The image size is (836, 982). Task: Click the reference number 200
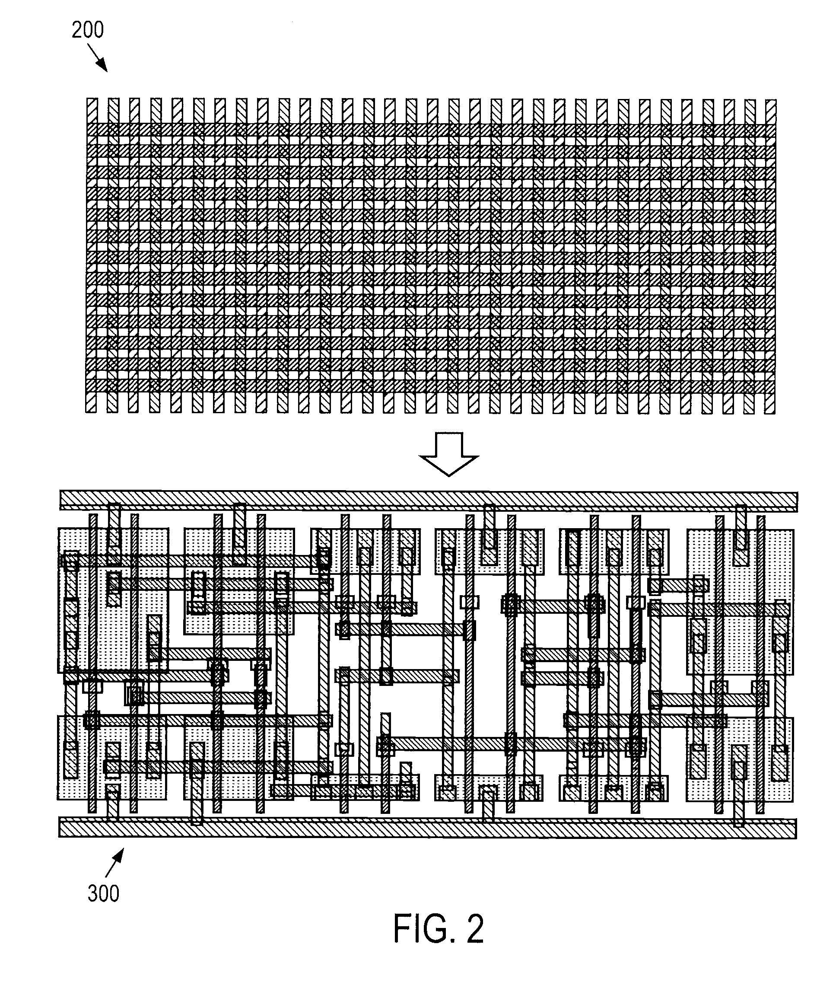pos(88,30)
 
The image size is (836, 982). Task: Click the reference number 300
pos(103,893)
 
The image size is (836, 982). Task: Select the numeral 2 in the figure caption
pos(476,929)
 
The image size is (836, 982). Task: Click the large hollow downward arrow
pos(448,453)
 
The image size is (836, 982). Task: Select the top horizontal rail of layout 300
pos(429,501)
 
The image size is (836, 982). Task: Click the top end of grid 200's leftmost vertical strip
pos(92,99)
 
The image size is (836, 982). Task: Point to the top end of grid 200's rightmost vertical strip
pos(771,100)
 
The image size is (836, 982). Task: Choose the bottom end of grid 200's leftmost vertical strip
pos(91,412)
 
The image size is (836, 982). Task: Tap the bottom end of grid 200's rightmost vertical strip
pos(770,413)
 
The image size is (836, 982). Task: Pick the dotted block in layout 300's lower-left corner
pos(112,758)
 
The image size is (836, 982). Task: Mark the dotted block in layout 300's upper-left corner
pos(113,600)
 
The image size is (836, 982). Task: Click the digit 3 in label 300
pos(93,893)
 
